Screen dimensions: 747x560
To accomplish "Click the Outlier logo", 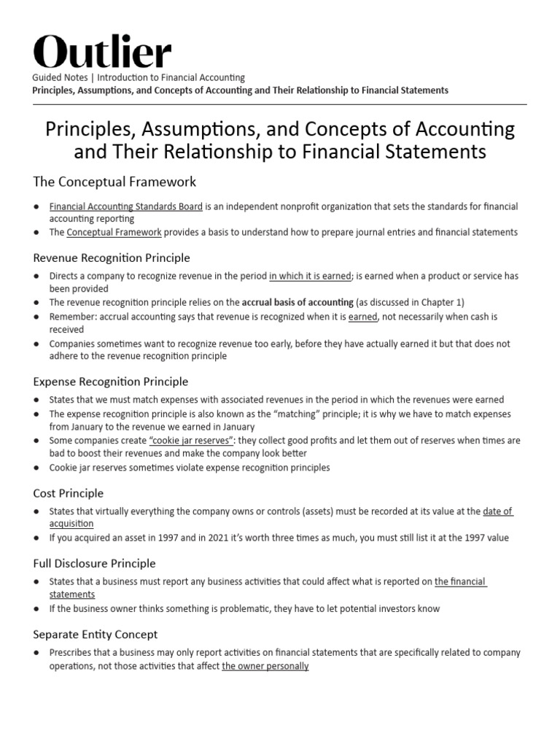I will pos(103,53).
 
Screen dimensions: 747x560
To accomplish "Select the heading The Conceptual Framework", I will pos(114,181).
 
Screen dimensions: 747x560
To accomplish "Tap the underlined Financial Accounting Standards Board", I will pos(125,207).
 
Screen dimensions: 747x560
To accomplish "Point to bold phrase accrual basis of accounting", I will pos(298,302).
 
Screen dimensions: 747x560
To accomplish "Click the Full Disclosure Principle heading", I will pos(94,563).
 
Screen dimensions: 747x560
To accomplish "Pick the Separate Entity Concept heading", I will pos(95,635).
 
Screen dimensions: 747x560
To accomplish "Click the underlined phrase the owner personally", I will pos(265,666).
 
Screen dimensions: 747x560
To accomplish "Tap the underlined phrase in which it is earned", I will pos(310,276).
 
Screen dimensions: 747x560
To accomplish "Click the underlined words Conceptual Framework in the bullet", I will pos(114,232).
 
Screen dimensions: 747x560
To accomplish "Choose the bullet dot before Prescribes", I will pos(36,653).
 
